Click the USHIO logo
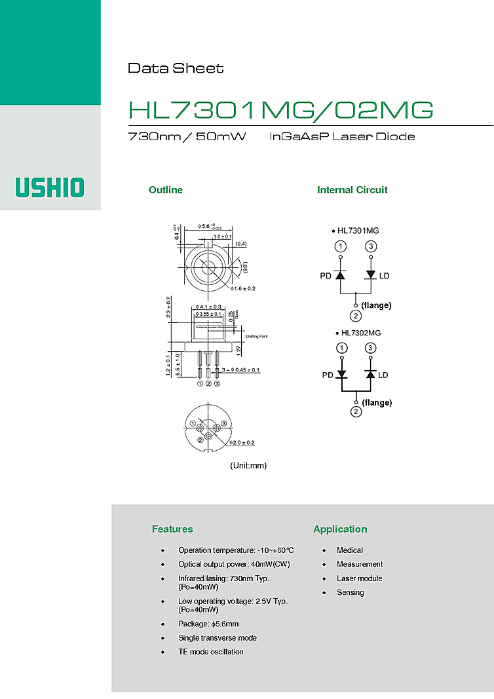pyautogui.click(x=50, y=187)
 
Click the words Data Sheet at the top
pyautogui.click(x=175, y=68)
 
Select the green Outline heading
pyautogui.click(x=166, y=190)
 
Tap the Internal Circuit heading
pyautogui.click(x=352, y=190)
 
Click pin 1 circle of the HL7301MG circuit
pyautogui.click(x=341, y=246)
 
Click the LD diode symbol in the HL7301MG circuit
pyautogui.click(x=371, y=275)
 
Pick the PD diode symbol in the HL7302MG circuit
pyautogui.click(x=341, y=375)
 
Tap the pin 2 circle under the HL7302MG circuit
pyautogui.click(x=356, y=411)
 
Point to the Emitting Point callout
pyautogui.click(x=257, y=337)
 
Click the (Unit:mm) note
pyautogui.click(x=248, y=466)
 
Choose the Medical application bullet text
pyautogui.click(x=349, y=550)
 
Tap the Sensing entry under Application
pyautogui.click(x=350, y=592)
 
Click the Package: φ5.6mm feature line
pyautogui.click(x=208, y=624)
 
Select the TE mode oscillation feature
pyautogui.click(x=210, y=652)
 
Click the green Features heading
pyautogui.click(x=172, y=529)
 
